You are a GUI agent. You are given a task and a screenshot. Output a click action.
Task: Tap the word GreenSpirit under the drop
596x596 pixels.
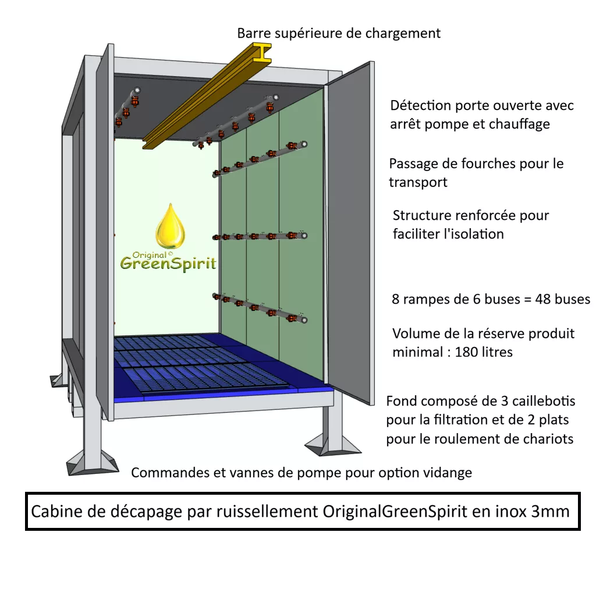coord(168,264)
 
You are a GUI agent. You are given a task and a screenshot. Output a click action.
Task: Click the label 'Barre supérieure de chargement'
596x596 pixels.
coord(339,33)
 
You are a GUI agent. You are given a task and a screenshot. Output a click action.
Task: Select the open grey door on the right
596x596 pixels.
coord(349,233)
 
